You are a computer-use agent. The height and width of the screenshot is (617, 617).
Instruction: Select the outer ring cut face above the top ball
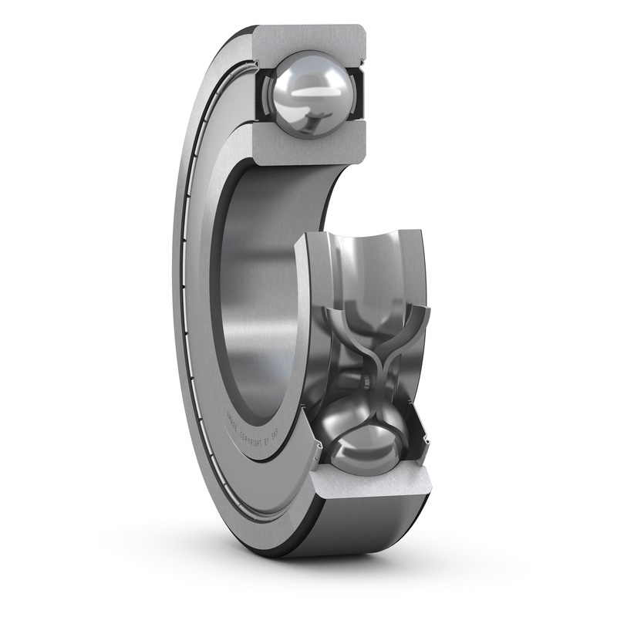point(308,39)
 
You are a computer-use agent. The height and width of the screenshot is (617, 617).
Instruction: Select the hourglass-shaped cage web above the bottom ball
point(373,355)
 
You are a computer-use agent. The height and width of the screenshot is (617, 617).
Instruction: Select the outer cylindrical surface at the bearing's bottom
point(362,532)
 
